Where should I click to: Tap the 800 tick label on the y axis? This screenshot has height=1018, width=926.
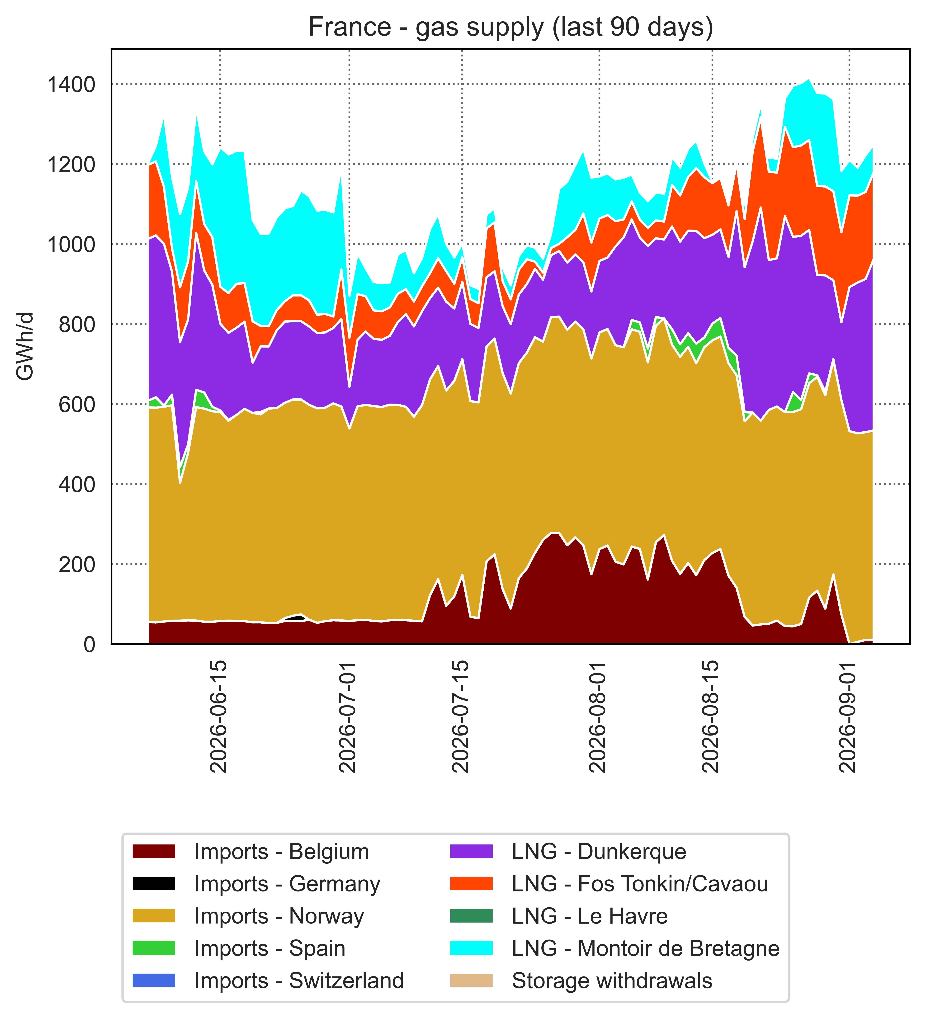[x=77, y=324]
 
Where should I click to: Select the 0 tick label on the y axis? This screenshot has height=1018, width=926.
[x=89, y=644]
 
